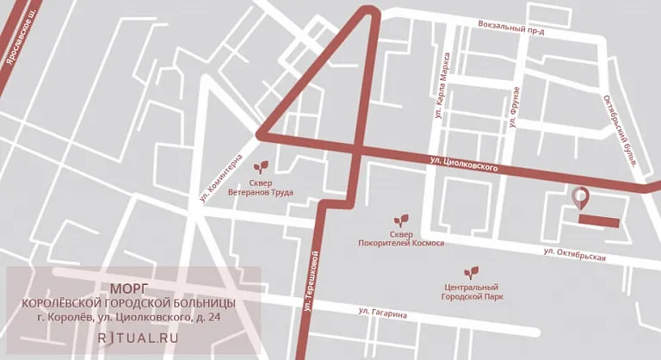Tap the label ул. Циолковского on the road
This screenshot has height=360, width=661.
tap(464, 164)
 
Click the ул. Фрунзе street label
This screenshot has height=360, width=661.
tap(515, 107)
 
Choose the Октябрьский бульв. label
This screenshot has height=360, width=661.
tap(618, 131)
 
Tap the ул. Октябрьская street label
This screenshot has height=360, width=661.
tap(575, 255)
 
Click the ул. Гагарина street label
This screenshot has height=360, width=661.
tap(382, 313)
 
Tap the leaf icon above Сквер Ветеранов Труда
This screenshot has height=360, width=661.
tap(260, 164)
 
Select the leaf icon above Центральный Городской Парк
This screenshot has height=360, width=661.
tap(470, 272)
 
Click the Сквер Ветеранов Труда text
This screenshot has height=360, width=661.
tap(260, 188)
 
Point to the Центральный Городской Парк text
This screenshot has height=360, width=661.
tap(470, 292)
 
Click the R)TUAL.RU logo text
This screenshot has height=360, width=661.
tap(138, 337)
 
